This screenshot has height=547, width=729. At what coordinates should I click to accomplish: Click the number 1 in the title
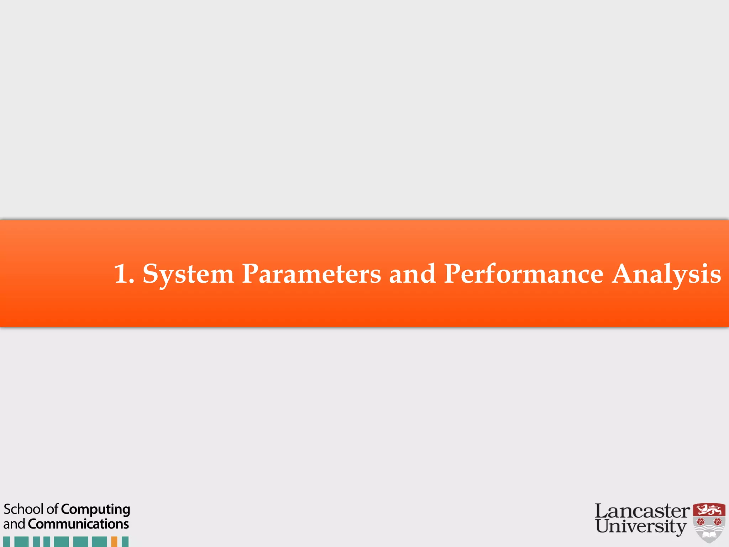(x=120, y=274)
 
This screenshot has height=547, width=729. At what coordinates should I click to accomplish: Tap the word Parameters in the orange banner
(x=311, y=274)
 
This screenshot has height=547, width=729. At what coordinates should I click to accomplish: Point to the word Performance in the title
(x=524, y=274)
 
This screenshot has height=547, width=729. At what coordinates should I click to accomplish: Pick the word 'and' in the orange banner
(x=412, y=274)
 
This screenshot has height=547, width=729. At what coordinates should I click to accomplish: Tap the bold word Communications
(x=78, y=524)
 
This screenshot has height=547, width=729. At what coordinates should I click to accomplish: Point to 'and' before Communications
(x=14, y=524)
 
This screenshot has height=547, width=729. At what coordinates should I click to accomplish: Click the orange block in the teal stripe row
(x=114, y=542)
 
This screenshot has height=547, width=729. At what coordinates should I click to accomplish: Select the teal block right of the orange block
(x=125, y=542)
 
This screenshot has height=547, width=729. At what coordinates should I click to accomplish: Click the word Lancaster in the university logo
(x=642, y=511)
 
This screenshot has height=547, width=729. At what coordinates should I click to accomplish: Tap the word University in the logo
(x=641, y=526)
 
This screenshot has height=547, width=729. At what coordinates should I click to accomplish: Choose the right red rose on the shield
(x=718, y=522)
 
